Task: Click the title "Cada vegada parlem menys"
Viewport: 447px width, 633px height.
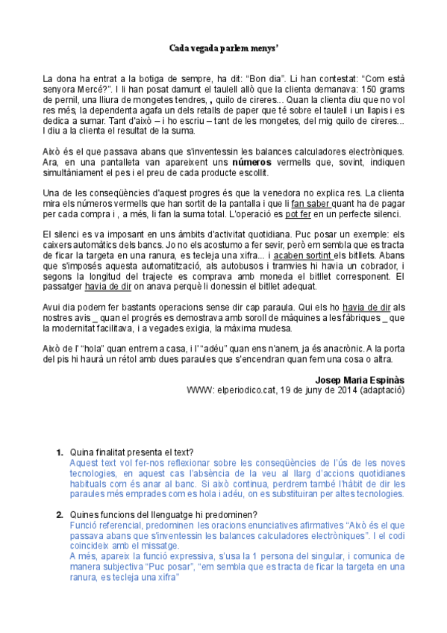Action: [x=223, y=48]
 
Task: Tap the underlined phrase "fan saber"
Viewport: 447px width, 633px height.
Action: [x=310, y=204]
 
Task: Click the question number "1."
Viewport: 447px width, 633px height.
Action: [x=60, y=452]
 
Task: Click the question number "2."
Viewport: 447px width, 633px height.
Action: [x=60, y=514]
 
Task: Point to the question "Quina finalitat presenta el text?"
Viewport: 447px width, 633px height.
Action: [x=132, y=452]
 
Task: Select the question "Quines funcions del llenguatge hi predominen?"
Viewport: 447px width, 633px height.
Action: [x=163, y=514]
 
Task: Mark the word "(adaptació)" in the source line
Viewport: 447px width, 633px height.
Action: [x=383, y=389]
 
